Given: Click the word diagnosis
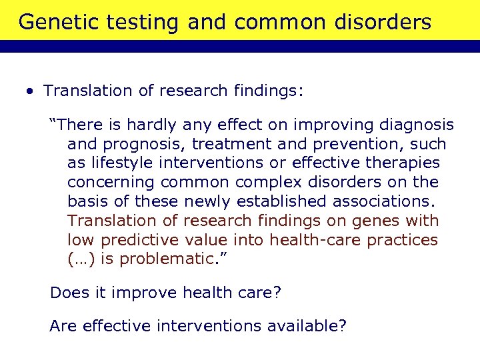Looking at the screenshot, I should click(x=416, y=125).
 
